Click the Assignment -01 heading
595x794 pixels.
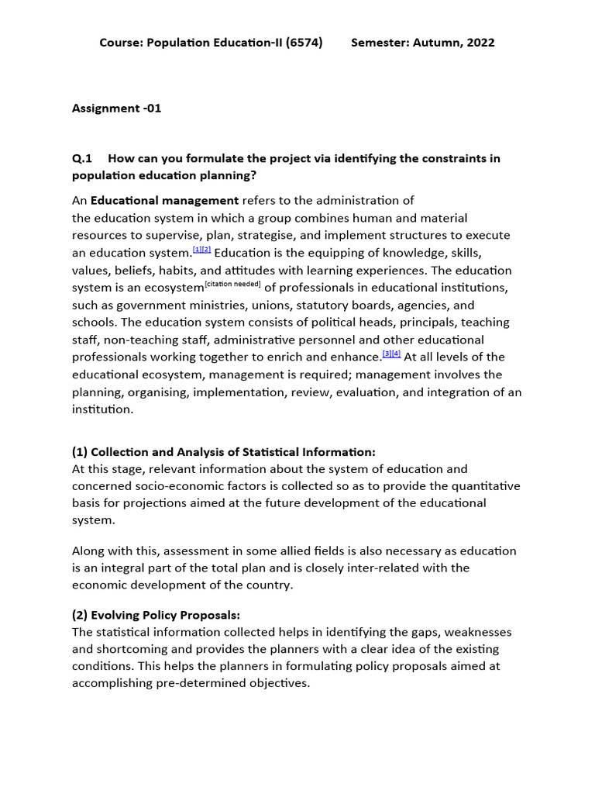117,109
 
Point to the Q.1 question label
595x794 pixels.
82,158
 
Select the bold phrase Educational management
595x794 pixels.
165,201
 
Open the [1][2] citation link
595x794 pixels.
201,250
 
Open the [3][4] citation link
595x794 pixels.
391,354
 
